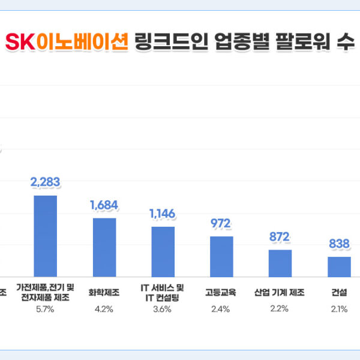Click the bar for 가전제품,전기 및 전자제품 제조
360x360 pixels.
tap(45, 236)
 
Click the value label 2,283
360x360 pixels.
tap(46, 182)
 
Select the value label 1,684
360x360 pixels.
tap(104, 205)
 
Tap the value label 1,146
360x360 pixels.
tap(163, 214)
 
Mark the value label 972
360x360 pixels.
tap(221, 224)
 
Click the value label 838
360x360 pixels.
tap(339, 244)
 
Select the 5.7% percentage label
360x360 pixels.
tap(45, 310)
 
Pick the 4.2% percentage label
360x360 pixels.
tap(104, 310)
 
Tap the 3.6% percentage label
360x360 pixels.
tap(163, 310)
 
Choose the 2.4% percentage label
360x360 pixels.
tap(221, 310)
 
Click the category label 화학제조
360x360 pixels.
tap(104, 293)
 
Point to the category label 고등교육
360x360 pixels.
tap(221, 293)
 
